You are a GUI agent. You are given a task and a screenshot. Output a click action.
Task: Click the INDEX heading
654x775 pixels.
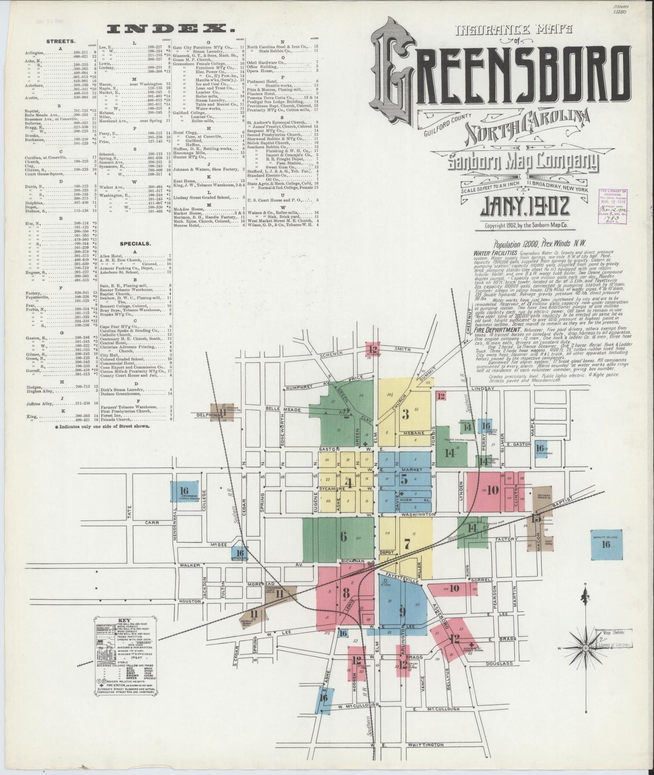click(171, 29)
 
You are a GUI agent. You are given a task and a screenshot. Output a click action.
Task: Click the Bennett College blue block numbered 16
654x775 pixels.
click(606, 544)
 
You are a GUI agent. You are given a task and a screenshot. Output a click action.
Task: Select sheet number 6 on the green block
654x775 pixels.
click(344, 537)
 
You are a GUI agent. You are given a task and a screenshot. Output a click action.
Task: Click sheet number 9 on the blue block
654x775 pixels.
click(402, 612)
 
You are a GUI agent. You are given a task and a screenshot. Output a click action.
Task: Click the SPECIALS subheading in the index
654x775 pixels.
click(135, 243)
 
